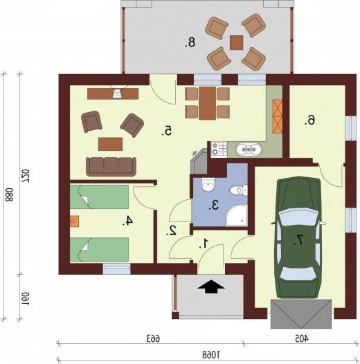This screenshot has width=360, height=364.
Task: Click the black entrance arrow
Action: point(211,286)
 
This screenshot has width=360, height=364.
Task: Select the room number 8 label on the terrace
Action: point(190,43)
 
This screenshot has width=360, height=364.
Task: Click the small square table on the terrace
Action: point(237,42)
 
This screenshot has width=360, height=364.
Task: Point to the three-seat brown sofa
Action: point(111,167)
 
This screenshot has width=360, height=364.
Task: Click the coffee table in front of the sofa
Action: point(110,144)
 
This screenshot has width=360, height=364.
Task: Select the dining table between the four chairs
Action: point(207,103)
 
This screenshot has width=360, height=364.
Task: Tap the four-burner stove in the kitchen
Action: point(219,149)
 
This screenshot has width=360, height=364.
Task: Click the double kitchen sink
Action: point(249,149)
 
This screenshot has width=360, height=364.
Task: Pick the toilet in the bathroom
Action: point(239,190)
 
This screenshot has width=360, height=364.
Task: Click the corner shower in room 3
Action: point(237,216)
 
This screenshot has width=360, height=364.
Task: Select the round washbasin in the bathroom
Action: point(208,185)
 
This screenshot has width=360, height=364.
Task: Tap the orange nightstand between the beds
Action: point(75,221)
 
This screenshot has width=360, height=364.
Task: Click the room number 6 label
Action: point(310,120)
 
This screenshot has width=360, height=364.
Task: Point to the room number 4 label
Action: point(127,221)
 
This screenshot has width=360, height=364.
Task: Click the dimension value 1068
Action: point(211,354)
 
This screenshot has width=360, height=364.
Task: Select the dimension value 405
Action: point(302,338)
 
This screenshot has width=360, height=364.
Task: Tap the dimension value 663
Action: point(153,338)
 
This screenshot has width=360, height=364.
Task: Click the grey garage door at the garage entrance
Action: point(301,314)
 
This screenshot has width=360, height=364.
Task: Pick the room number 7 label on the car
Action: point(298,240)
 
